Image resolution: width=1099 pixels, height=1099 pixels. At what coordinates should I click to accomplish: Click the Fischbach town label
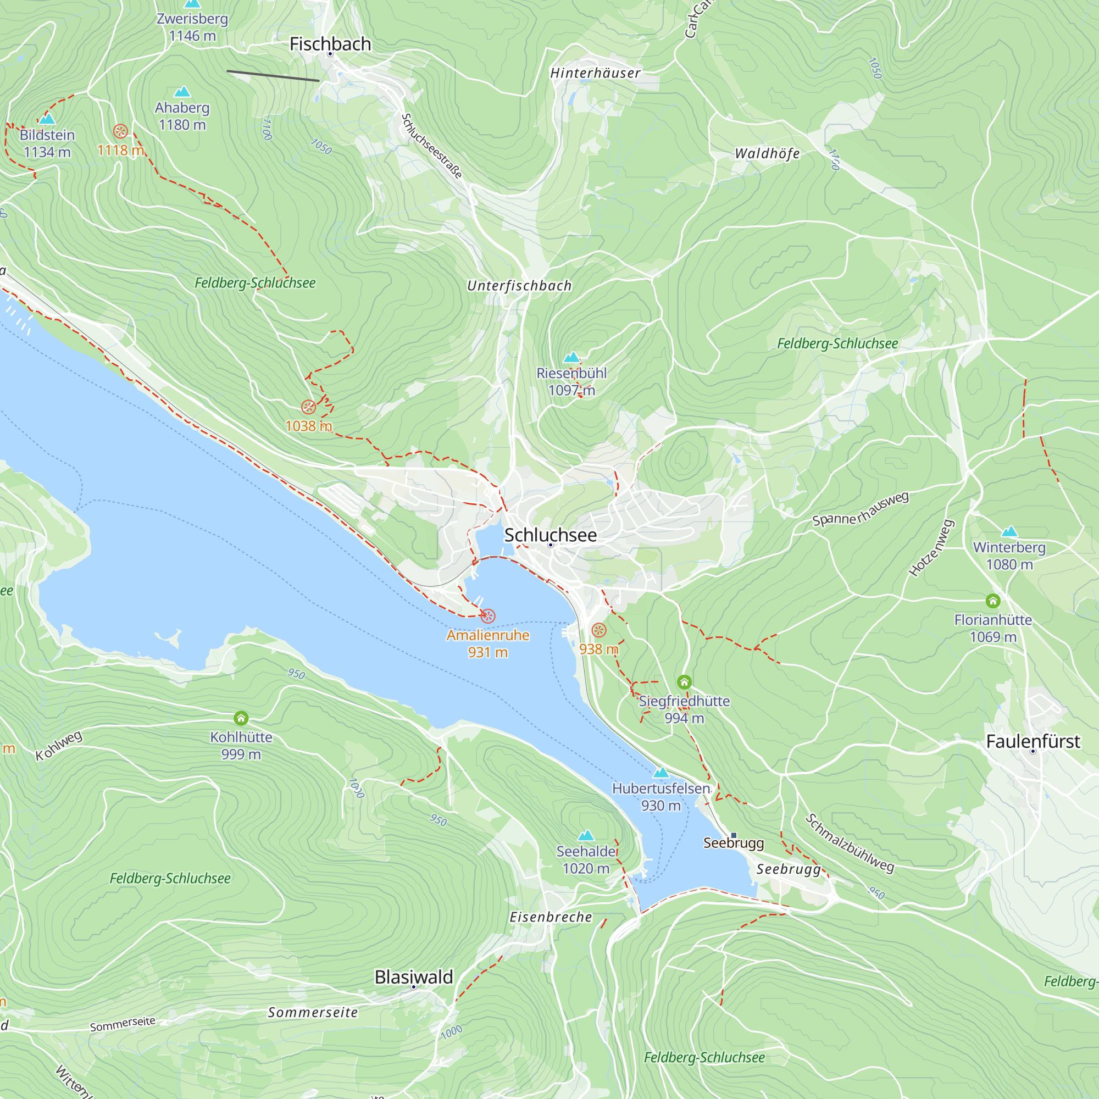(x=330, y=44)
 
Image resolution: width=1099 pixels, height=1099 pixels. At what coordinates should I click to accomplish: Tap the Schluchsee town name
(x=550, y=535)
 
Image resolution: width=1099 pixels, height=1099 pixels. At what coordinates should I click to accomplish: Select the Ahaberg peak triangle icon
(x=182, y=92)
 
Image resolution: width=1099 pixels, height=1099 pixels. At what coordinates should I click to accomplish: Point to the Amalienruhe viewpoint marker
(x=488, y=615)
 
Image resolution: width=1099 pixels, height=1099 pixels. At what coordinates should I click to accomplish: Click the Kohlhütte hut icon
(x=241, y=718)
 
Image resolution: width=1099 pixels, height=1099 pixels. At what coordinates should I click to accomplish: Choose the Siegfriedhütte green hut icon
(x=684, y=681)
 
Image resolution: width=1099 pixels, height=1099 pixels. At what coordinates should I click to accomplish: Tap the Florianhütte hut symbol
(x=992, y=601)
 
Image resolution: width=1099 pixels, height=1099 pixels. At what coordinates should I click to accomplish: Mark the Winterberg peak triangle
(x=1009, y=531)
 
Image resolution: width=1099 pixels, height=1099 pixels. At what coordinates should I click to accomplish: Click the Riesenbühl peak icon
(x=571, y=357)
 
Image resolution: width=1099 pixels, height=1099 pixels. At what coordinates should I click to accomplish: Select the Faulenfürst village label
(x=1033, y=741)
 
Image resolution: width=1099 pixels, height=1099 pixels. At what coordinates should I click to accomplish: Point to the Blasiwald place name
(x=414, y=976)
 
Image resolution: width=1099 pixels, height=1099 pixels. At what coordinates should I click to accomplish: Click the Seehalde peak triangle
(x=585, y=836)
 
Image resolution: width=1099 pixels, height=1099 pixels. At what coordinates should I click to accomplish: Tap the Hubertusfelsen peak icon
(x=660, y=773)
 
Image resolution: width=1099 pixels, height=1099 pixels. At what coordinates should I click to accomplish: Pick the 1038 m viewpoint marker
(x=308, y=407)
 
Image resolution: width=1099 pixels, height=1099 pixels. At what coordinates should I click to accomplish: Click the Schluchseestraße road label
(x=432, y=146)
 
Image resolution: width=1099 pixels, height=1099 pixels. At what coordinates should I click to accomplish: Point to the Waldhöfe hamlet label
(x=767, y=154)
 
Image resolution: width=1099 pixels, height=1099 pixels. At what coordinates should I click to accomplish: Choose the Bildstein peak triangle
(x=47, y=119)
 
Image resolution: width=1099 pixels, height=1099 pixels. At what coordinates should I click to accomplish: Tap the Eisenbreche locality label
(x=551, y=917)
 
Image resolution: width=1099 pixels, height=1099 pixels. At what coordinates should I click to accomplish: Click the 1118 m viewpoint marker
(x=120, y=131)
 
